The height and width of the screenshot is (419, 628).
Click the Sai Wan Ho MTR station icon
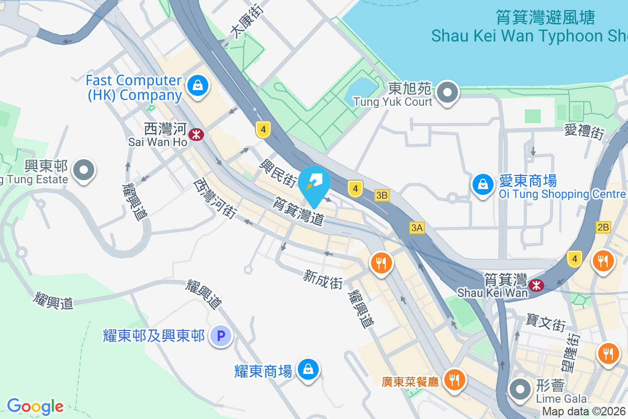click(197, 135)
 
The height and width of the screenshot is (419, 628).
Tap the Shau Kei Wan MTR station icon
click(535, 285)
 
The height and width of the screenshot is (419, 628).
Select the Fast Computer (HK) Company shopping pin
click(198, 85)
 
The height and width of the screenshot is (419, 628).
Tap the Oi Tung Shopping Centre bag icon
click(481, 184)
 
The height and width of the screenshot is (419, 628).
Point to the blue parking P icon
click(221, 335)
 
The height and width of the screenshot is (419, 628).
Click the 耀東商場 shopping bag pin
click(308, 370)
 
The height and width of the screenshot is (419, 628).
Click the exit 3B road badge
click(382, 195)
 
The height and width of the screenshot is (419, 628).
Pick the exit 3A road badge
click(417, 227)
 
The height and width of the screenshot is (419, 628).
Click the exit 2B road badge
click(603, 227)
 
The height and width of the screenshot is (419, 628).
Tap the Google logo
click(35, 406)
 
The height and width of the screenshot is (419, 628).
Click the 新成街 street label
click(322, 279)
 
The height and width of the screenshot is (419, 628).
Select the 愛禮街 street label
click(584, 131)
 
